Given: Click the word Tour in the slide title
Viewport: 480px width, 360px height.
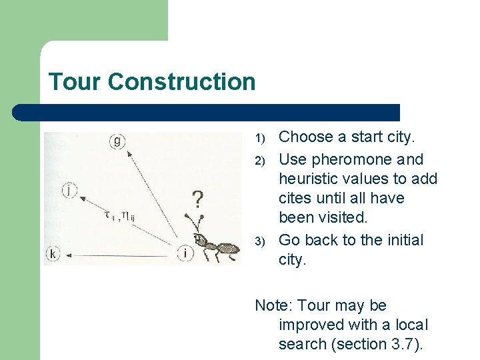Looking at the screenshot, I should point(75,82).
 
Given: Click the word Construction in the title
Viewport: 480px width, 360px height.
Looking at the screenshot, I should point(181,82).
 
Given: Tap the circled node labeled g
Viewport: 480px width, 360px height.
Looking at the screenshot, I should point(117,140).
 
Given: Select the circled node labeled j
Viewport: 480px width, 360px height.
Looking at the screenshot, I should point(70,190).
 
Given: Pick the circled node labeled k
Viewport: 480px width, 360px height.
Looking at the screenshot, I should point(53,253).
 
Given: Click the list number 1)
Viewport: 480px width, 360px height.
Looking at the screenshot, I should point(261,138).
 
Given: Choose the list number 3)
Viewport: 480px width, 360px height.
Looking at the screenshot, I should point(261,241).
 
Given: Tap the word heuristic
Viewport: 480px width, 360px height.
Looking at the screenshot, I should point(308,179).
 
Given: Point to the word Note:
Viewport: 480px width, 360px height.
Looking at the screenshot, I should point(274,305).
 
